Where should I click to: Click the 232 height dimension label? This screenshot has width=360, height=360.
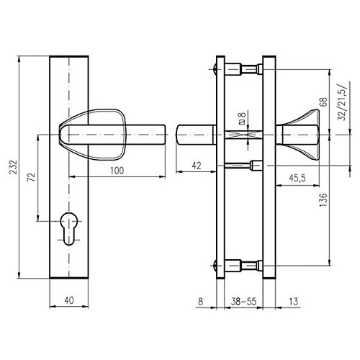tap(14, 167)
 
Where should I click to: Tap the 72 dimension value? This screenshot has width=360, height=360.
tap(32, 177)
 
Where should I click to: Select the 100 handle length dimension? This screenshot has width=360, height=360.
tap(117, 171)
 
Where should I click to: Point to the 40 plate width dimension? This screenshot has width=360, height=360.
tap(69, 300)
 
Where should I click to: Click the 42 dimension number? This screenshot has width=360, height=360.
tap(197, 166)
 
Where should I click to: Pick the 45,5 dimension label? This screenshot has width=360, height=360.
tap(297, 178)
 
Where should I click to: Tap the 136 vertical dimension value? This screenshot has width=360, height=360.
tap(323, 199)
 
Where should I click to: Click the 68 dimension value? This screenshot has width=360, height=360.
tap(323, 102)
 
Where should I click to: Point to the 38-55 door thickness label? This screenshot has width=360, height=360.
tap(243, 301)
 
